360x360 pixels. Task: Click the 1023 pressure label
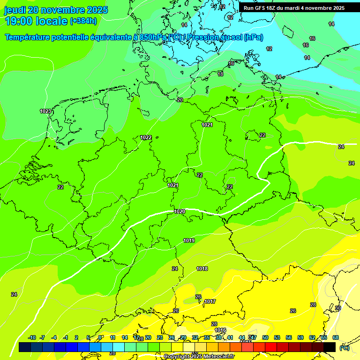coord(45,111)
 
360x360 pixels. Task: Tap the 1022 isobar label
coord(146,137)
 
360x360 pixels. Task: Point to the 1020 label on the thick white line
coord(180,211)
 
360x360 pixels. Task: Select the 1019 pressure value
coord(189,240)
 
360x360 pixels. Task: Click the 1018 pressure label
coord(202,269)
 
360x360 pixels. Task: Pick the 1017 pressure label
coord(210,301)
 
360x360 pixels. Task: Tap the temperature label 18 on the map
coord(220,74)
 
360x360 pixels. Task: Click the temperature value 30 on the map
coord(338,308)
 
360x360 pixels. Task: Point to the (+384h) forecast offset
coord(83,21)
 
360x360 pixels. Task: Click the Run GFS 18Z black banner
coord(294,8)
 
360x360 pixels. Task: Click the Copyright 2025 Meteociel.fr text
coord(199,356)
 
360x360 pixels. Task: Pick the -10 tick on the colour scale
coord(32,337)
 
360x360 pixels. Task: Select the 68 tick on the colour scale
coord(336,337)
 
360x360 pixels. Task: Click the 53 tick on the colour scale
coord(277,337)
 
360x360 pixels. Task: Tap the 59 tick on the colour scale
coord(300,337)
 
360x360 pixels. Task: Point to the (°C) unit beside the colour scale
coord(345,348)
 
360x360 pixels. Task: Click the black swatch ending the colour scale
coord(330,347)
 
